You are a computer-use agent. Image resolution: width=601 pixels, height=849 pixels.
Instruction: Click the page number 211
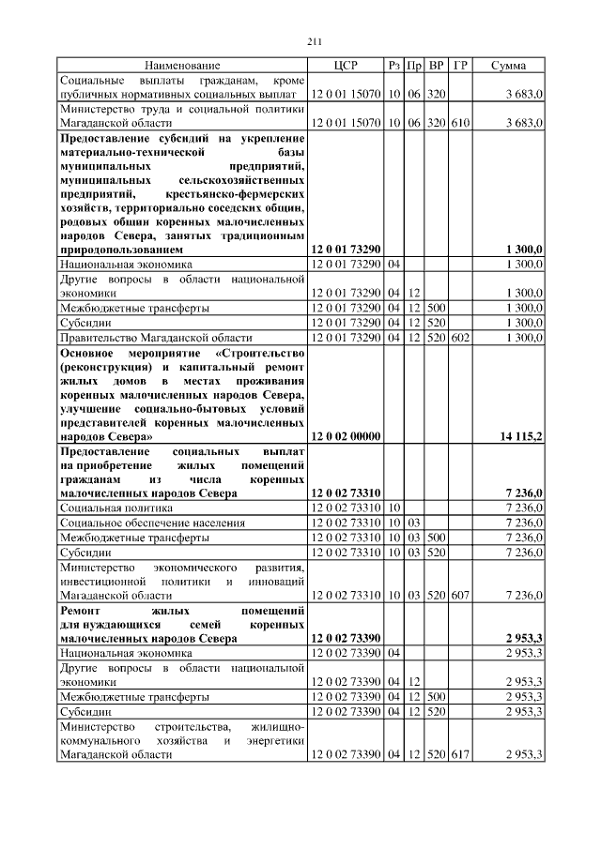(x=315, y=41)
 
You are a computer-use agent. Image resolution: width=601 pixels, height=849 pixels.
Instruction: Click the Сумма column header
(x=508, y=66)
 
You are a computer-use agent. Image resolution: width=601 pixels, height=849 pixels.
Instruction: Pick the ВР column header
(x=436, y=66)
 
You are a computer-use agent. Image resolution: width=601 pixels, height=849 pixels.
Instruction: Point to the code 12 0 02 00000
(x=345, y=437)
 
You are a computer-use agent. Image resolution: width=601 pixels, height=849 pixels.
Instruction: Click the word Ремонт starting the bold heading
(x=81, y=610)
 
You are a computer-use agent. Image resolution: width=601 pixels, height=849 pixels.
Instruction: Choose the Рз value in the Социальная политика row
(x=394, y=508)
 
